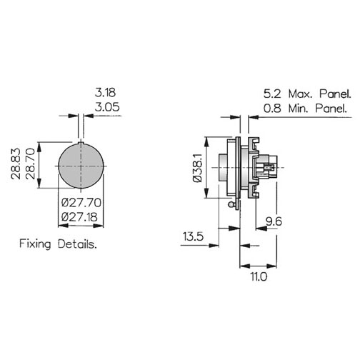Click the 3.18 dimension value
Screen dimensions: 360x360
(105, 93)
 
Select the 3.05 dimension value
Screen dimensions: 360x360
(107, 107)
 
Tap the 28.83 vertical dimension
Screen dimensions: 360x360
(16, 164)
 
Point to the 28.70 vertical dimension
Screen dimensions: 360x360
(30, 164)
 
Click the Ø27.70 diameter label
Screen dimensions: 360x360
(81, 203)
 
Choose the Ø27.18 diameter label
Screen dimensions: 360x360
(79, 217)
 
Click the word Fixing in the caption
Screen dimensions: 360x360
(35, 244)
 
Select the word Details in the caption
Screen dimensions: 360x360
(77, 244)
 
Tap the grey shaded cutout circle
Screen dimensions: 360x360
(81, 166)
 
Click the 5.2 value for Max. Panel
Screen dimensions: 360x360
(272, 94)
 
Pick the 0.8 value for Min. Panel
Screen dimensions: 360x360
(272, 109)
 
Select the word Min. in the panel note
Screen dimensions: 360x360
(299, 109)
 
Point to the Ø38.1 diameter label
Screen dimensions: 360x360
(197, 168)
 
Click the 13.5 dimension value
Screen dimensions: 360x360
(193, 236)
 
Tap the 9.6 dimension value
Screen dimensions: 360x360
(274, 221)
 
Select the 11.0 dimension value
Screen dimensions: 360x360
(259, 276)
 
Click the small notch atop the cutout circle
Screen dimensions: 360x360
(81, 143)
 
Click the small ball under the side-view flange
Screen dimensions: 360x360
(230, 204)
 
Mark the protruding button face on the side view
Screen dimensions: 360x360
(223, 168)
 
